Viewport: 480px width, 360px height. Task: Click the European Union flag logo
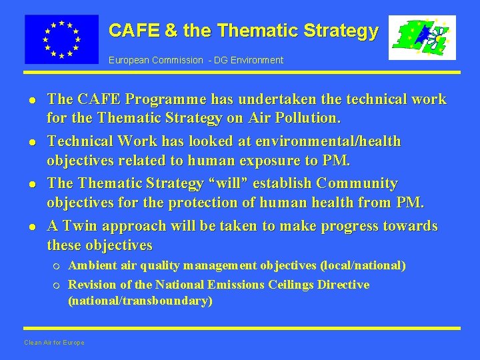(61, 39)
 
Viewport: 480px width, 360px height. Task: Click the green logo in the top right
(422, 37)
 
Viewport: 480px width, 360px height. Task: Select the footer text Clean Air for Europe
(54, 343)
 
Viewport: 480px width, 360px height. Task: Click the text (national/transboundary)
(140, 301)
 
